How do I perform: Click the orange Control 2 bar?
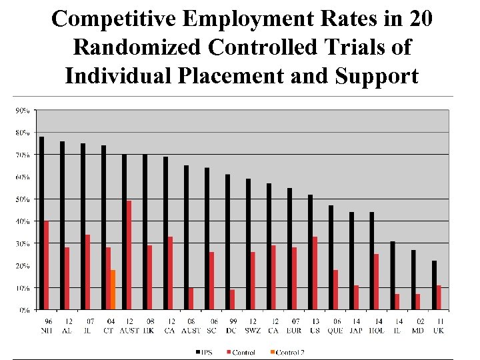(x=113, y=290)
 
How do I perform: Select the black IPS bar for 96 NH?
(x=41, y=223)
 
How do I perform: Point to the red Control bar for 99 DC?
(x=232, y=299)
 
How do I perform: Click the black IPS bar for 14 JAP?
(x=351, y=261)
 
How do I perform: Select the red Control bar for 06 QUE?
(x=335, y=290)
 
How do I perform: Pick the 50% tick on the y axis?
(x=23, y=199)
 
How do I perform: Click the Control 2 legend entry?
(x=288, y=351)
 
